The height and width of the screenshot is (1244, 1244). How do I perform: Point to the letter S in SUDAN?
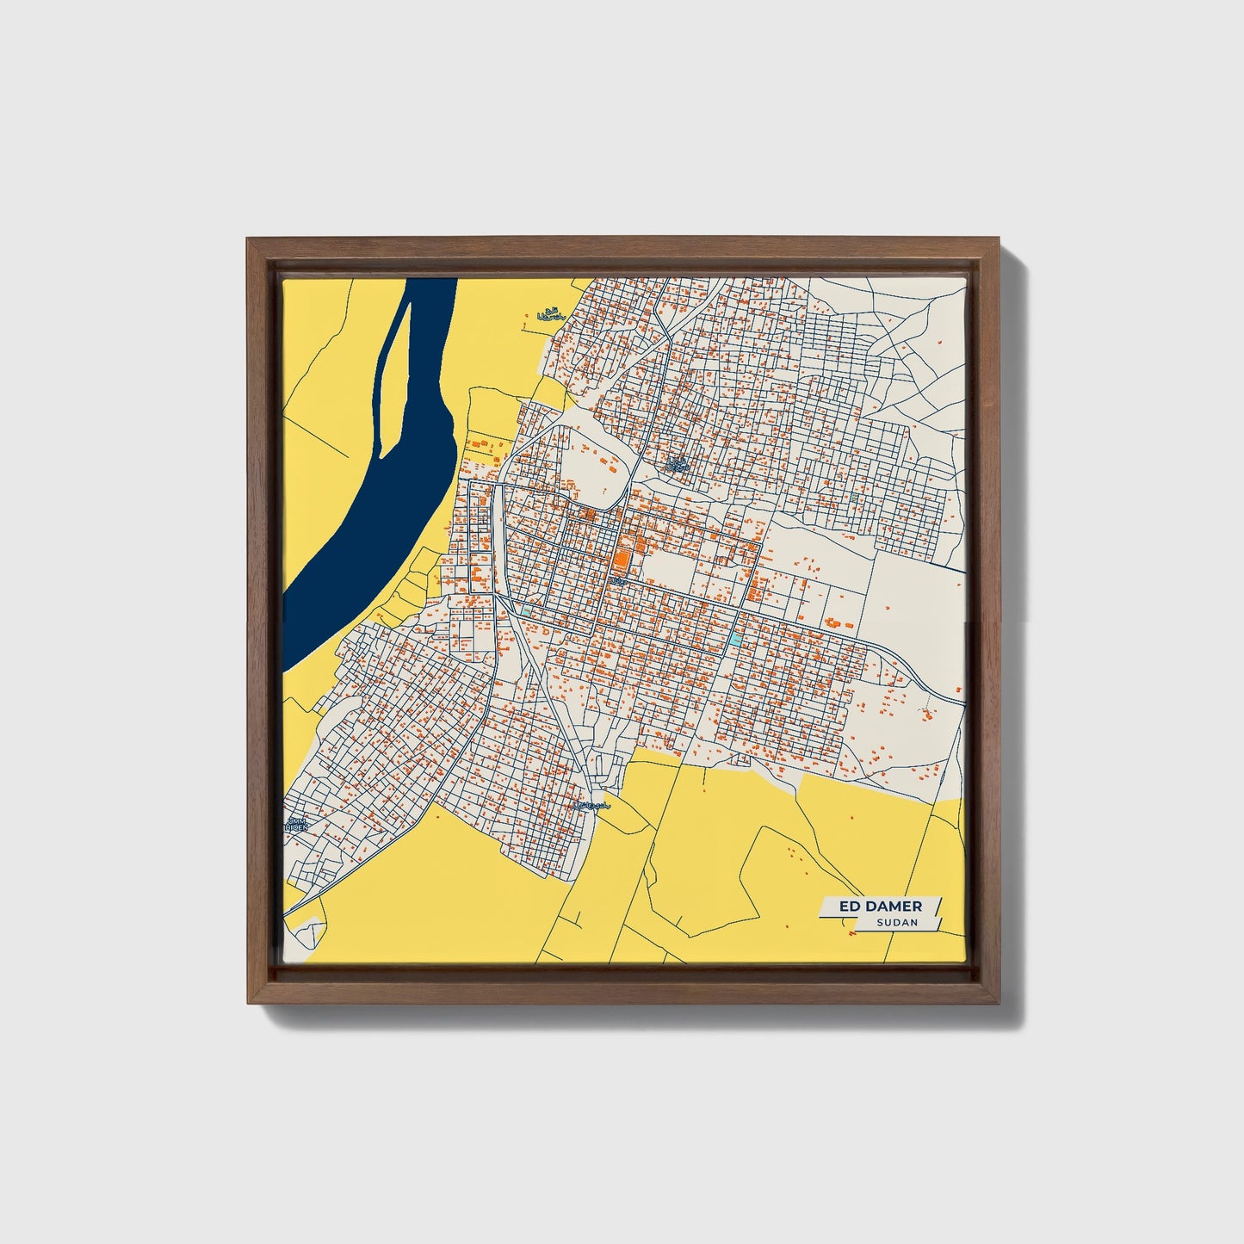click(880, 923)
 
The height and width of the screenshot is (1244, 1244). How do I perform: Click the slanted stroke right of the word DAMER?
click(937, 907)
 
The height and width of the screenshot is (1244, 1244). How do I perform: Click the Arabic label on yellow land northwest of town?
click(548, 315)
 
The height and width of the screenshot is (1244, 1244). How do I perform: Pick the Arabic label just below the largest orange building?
click(617, 583)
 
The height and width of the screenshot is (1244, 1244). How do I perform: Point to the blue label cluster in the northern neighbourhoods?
click(678, 465)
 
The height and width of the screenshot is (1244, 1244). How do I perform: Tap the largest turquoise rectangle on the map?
click(734, 639)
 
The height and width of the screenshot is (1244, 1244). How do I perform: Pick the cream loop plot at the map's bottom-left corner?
click(308, 934)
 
